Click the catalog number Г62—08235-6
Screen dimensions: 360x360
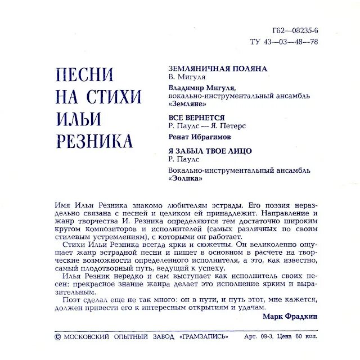295,30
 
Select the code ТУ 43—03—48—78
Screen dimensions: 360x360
284,42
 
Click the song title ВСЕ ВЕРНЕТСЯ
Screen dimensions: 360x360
193,118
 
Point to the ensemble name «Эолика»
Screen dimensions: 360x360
186,178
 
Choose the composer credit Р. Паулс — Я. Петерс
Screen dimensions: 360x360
208,126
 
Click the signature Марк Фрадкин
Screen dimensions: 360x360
290,317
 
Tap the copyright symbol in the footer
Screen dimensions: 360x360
57,336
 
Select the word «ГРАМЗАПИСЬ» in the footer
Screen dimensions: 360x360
204,336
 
